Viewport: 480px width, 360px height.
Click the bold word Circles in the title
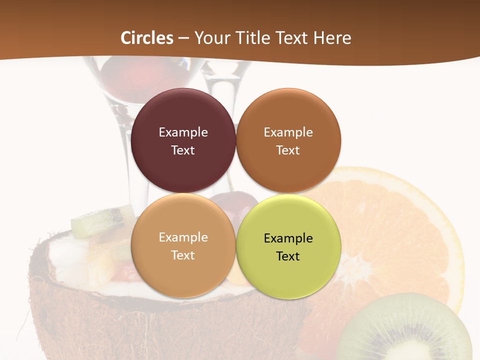[x=147, y=38]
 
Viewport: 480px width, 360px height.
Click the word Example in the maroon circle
[x=183, y=132]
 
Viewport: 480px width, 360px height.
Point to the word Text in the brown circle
[x=288, y=150]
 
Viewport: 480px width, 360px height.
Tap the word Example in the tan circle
[x=183, y=237]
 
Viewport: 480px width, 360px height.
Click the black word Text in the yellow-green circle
[x=288, y=256]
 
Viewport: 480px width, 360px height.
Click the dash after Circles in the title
[x=183, y=38]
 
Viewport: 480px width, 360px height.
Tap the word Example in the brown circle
[x=288, y=132]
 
